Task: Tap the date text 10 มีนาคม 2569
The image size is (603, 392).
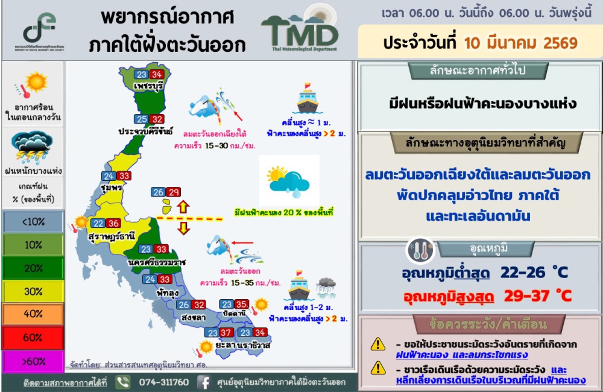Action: (521, 43)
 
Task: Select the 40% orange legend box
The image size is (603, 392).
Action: (33, 314)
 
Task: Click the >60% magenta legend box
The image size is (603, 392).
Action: (33, 362)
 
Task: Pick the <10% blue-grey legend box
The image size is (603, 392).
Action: (33, 221)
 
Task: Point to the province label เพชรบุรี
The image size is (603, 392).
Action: (148, 86)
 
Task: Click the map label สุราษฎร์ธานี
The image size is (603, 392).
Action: (112, 235)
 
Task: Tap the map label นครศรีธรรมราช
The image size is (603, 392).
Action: (157, 262)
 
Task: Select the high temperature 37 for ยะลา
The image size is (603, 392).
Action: (226, 332)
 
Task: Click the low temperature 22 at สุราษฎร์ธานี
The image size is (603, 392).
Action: (98, 223)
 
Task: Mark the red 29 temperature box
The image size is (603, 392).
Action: (173, 192)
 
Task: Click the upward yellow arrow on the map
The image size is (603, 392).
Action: (183, 207)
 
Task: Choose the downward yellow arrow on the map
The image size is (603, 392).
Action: (183, 228)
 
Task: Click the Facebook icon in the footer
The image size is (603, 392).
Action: (204, 382)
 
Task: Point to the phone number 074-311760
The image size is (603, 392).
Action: (164, 382)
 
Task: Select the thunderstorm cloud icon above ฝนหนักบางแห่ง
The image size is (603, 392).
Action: (32, 147)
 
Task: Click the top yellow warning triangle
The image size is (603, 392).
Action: (378, 344)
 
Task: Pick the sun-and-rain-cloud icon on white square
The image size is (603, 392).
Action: (288, 181)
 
